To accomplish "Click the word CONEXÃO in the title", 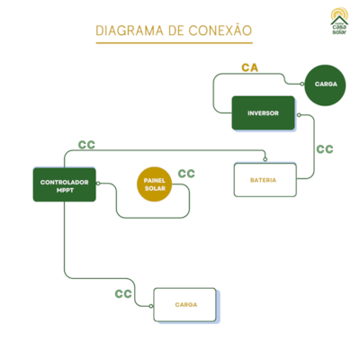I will [220, 31].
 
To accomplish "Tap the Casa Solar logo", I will [338, 22].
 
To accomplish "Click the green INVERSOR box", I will [263, 113].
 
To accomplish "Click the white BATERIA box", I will [264, 179].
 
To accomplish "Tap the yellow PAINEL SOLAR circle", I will [155, 184].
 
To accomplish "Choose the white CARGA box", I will [185, 305].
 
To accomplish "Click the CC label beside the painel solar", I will [186, 174].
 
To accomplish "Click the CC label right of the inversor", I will [325, 149].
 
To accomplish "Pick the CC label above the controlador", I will [86, 144].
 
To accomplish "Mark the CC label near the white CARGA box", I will [123, 293].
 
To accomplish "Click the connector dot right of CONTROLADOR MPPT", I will [98, 186].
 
